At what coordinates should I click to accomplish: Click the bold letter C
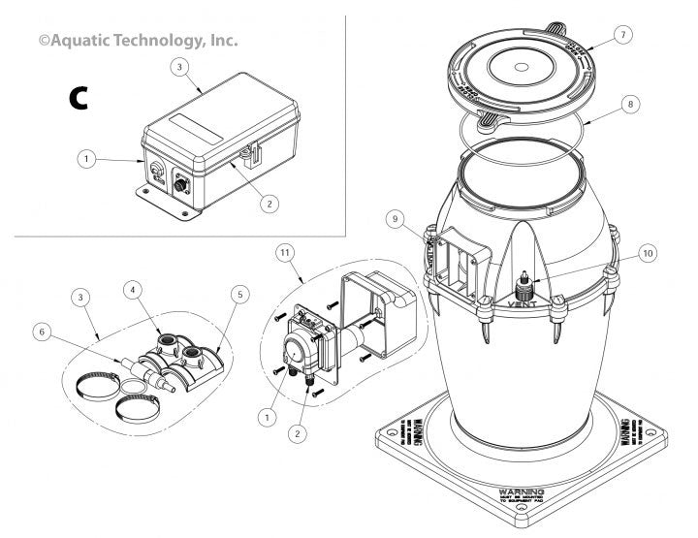[x=79, y=97]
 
